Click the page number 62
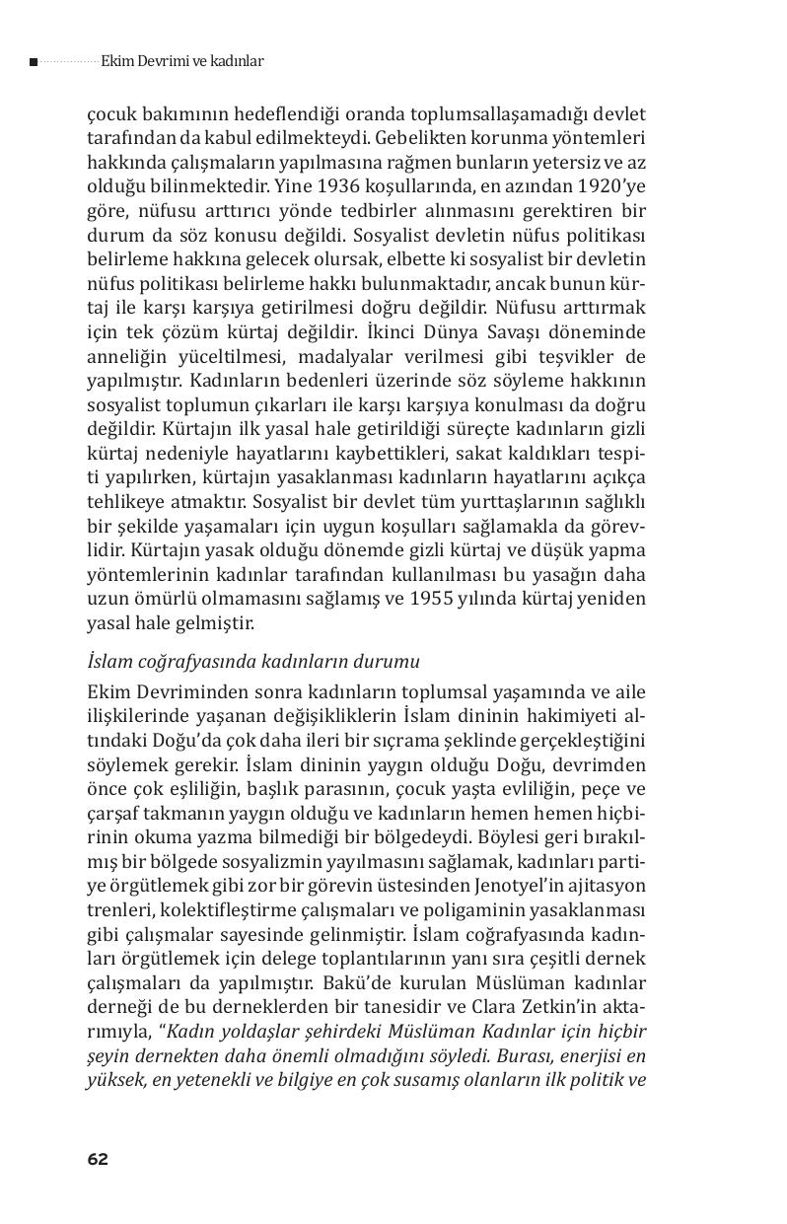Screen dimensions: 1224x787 click(97, 1159)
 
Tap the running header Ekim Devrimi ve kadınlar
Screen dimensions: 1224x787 click(181, 61)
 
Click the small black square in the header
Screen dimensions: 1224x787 click(34, 62)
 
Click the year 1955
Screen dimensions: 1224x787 click(414, 599)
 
